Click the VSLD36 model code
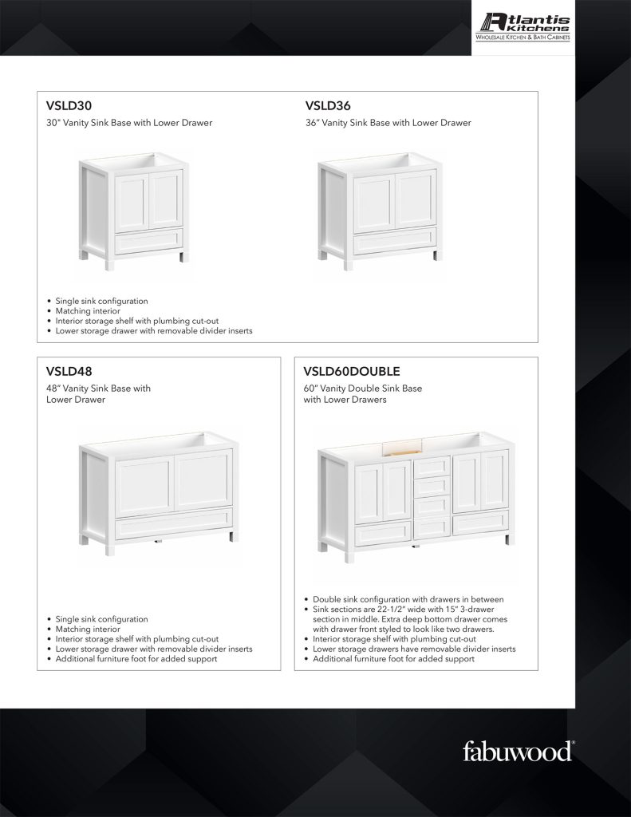tap(328, 105)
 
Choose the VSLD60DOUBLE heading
tap(352, 371)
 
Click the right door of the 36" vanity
tap(415, 201)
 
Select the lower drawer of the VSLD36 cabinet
tap(394, 240)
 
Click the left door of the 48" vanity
tap(144, 484)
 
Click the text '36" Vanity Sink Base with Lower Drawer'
tap(388, 123)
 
